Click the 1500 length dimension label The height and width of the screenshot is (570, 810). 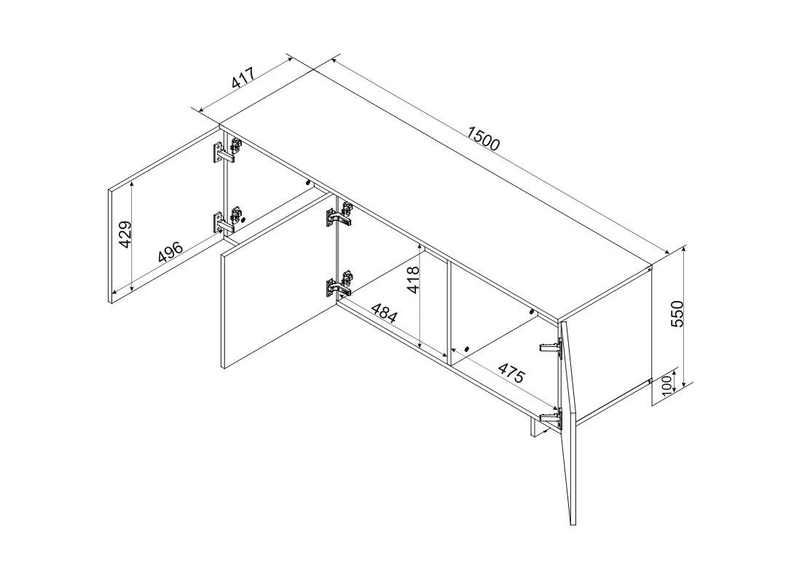click(484, 138)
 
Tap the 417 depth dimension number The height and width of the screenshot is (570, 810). click(243, 78)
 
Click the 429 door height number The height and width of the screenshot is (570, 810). click(125, 235)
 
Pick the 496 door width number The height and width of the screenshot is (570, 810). click(170, 251)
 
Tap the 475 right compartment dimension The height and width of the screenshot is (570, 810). click(511, 372)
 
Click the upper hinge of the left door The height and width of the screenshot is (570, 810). click(227, 151)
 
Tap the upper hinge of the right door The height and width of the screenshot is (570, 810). click(551, 348)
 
